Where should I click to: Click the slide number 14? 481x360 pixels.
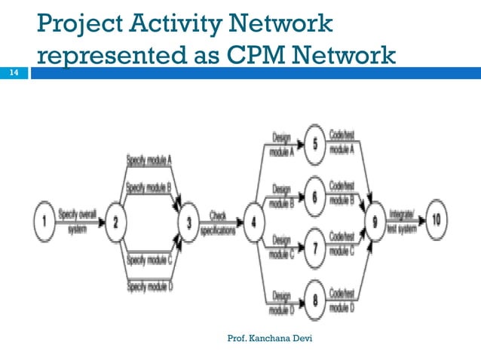click(x=13, y=73)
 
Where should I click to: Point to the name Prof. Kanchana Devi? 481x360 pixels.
click(x=270, y=339)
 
